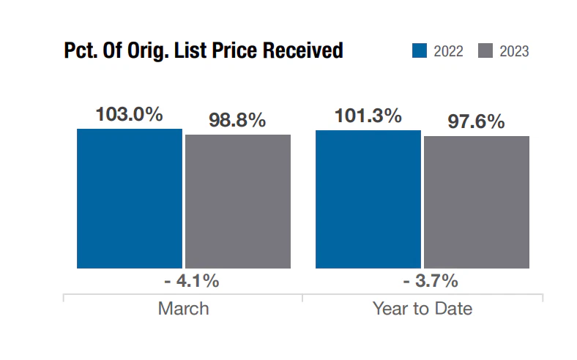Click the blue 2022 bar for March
129,198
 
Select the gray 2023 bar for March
237,201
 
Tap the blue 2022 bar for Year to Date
368,199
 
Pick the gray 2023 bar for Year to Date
476,202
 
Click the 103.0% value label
129,115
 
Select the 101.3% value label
368,116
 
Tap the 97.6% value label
476,121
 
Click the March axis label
183,308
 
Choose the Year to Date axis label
422,308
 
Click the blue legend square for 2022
419,50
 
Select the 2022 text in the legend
448,51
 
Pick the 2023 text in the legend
514,51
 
